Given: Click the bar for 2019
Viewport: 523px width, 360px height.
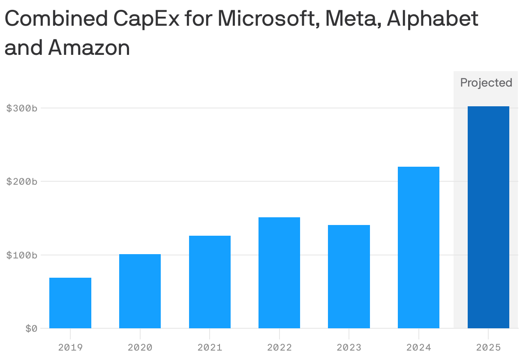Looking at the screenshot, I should (70, 303).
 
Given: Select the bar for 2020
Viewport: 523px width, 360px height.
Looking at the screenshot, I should (140, 291).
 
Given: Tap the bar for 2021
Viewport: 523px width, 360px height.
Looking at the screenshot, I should (210, 282).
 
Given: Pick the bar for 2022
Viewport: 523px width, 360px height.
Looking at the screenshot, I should (279, 273).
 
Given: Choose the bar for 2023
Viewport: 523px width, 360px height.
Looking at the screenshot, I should (349, 276).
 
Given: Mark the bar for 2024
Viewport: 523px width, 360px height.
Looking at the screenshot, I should (418, 247).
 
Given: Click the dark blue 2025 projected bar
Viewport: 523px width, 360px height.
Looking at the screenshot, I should (488, 217).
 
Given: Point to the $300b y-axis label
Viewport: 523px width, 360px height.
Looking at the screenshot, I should (22, 108).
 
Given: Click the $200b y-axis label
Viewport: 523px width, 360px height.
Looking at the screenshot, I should (22, 182).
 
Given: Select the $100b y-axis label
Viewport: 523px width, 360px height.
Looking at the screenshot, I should (22, 255).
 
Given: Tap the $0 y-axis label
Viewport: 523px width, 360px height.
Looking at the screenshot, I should (31, 329).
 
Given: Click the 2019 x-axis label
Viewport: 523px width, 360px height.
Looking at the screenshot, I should (70, 347).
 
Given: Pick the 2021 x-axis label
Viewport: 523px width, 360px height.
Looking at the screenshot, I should (210, 347).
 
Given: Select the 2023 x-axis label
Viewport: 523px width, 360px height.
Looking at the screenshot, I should (349, 347).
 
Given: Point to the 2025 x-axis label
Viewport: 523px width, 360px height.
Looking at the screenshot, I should (488, 347).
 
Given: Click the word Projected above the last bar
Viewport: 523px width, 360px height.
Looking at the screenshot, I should (486, 83).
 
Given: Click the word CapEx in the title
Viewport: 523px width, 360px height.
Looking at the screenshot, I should (144, 19).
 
